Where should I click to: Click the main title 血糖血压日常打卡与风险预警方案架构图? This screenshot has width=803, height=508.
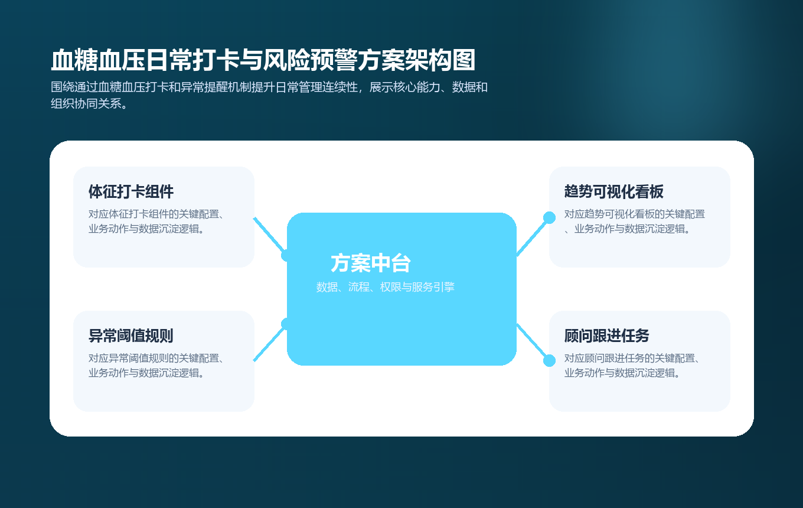click(263, 60)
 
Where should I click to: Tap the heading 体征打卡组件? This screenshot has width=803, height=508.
click(131, 191)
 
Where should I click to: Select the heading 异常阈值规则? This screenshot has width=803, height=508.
click(131, 336)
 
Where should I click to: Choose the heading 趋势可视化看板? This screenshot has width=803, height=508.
click(614, 191)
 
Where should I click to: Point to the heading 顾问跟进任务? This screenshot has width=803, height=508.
click(607, 336)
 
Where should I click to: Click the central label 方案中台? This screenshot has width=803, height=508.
click(371, 263)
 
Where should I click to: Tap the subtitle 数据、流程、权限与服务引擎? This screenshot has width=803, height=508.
click(386, 287)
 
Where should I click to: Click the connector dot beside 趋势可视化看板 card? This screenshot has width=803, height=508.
click(549, 217)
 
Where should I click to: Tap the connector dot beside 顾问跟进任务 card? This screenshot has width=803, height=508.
click(549, 360)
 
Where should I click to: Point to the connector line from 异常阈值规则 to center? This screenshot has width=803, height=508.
click(269, 343)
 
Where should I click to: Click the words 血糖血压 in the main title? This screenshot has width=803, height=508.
click(97, 60)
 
